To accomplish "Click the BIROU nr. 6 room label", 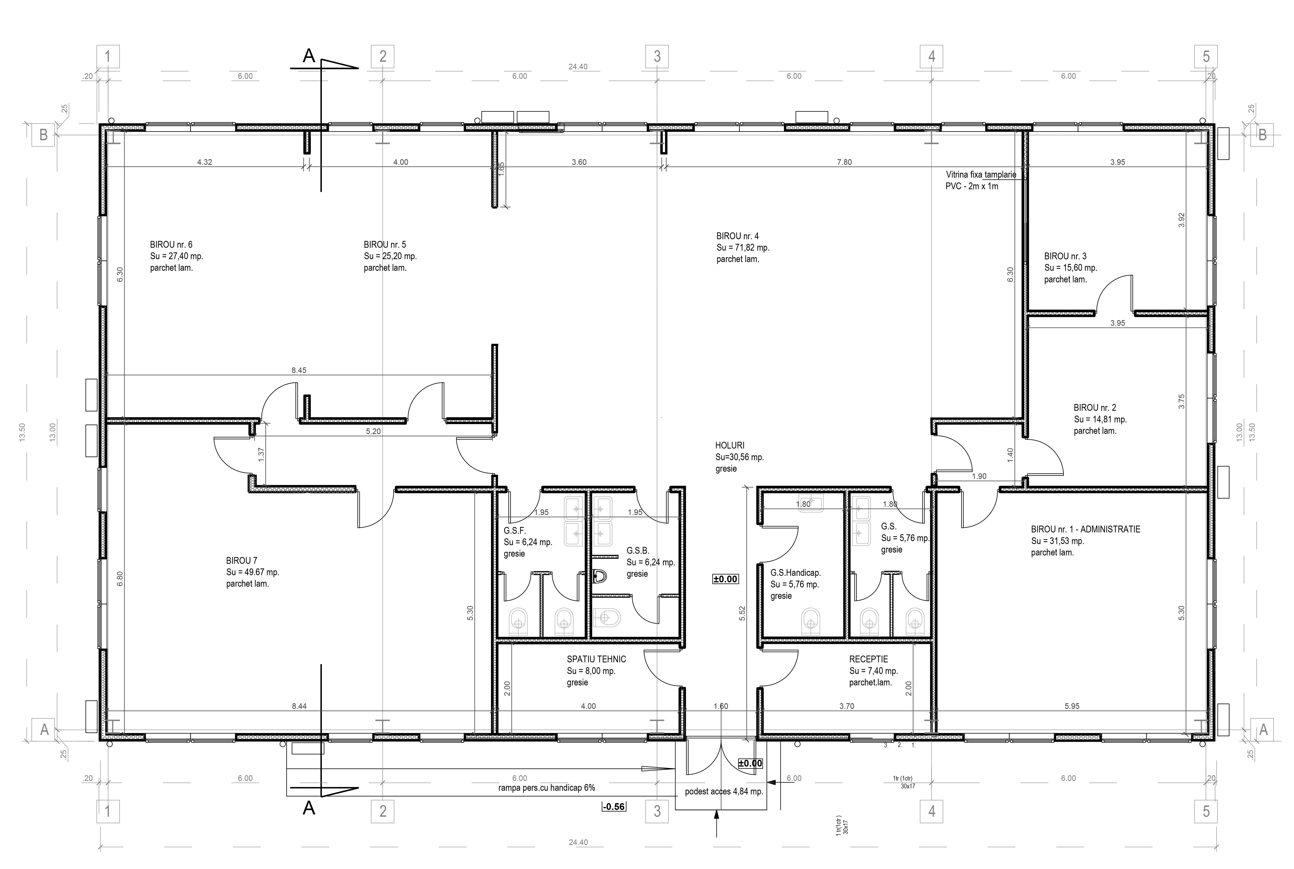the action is tap(171, 244).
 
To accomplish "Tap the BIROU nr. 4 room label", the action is tap(738, 236).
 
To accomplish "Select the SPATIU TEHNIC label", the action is tap(596, 659).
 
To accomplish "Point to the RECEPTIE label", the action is tap(868, 659).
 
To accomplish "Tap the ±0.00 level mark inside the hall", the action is tap(725, 579).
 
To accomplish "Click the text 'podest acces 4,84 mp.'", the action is tap(724, 791).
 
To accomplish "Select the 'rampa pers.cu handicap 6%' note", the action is tap(546, 787).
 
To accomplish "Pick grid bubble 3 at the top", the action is tap(657, 57).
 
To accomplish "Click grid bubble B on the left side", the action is tap(43, 135).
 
